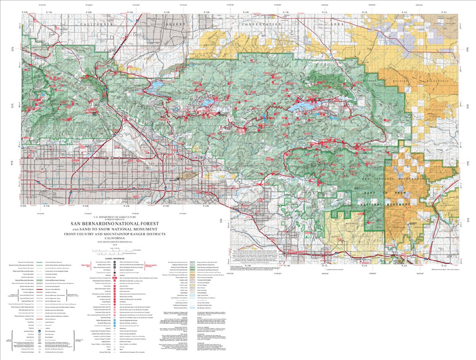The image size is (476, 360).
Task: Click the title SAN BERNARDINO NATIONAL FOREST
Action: click(115, 224)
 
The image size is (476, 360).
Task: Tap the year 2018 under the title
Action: click(115, 245)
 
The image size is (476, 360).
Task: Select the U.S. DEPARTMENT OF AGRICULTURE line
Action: click(115, 217)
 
